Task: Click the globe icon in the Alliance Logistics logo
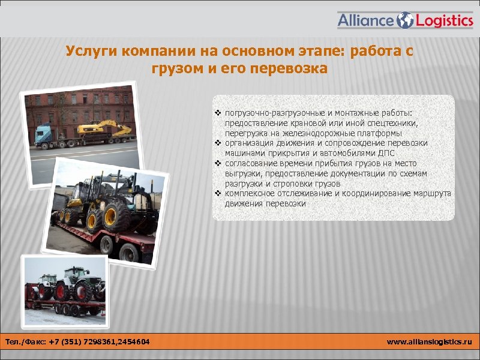406,20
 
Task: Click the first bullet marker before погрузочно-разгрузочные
218,113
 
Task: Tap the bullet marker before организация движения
218,143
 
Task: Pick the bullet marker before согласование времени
218,163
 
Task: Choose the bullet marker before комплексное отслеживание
218,194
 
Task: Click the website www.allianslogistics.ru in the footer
430,342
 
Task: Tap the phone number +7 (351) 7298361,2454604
100,342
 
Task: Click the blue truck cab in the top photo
44,134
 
